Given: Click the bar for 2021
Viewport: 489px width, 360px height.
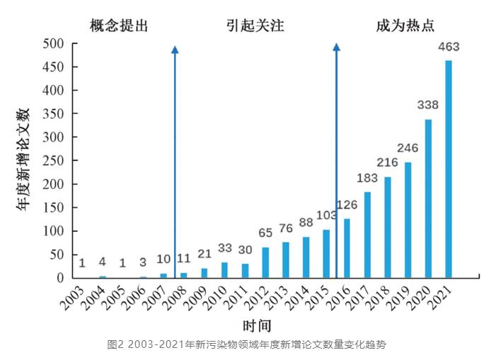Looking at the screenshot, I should (449, 170).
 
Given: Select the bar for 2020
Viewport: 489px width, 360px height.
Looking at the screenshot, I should (428, 199).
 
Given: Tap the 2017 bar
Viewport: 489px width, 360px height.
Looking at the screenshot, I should (367, 235).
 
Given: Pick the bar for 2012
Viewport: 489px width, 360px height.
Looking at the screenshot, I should (265, 262).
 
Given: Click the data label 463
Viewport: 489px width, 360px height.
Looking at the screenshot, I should (448, 48).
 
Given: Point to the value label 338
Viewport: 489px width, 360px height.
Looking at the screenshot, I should (428, 105).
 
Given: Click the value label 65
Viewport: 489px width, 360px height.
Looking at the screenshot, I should (265, 233).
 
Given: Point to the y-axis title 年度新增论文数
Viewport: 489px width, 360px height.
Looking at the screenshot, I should (23, 160).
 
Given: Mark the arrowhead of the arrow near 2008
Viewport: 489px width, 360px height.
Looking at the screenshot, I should (175, 50).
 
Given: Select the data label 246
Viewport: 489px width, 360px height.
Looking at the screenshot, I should (408, 149).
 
